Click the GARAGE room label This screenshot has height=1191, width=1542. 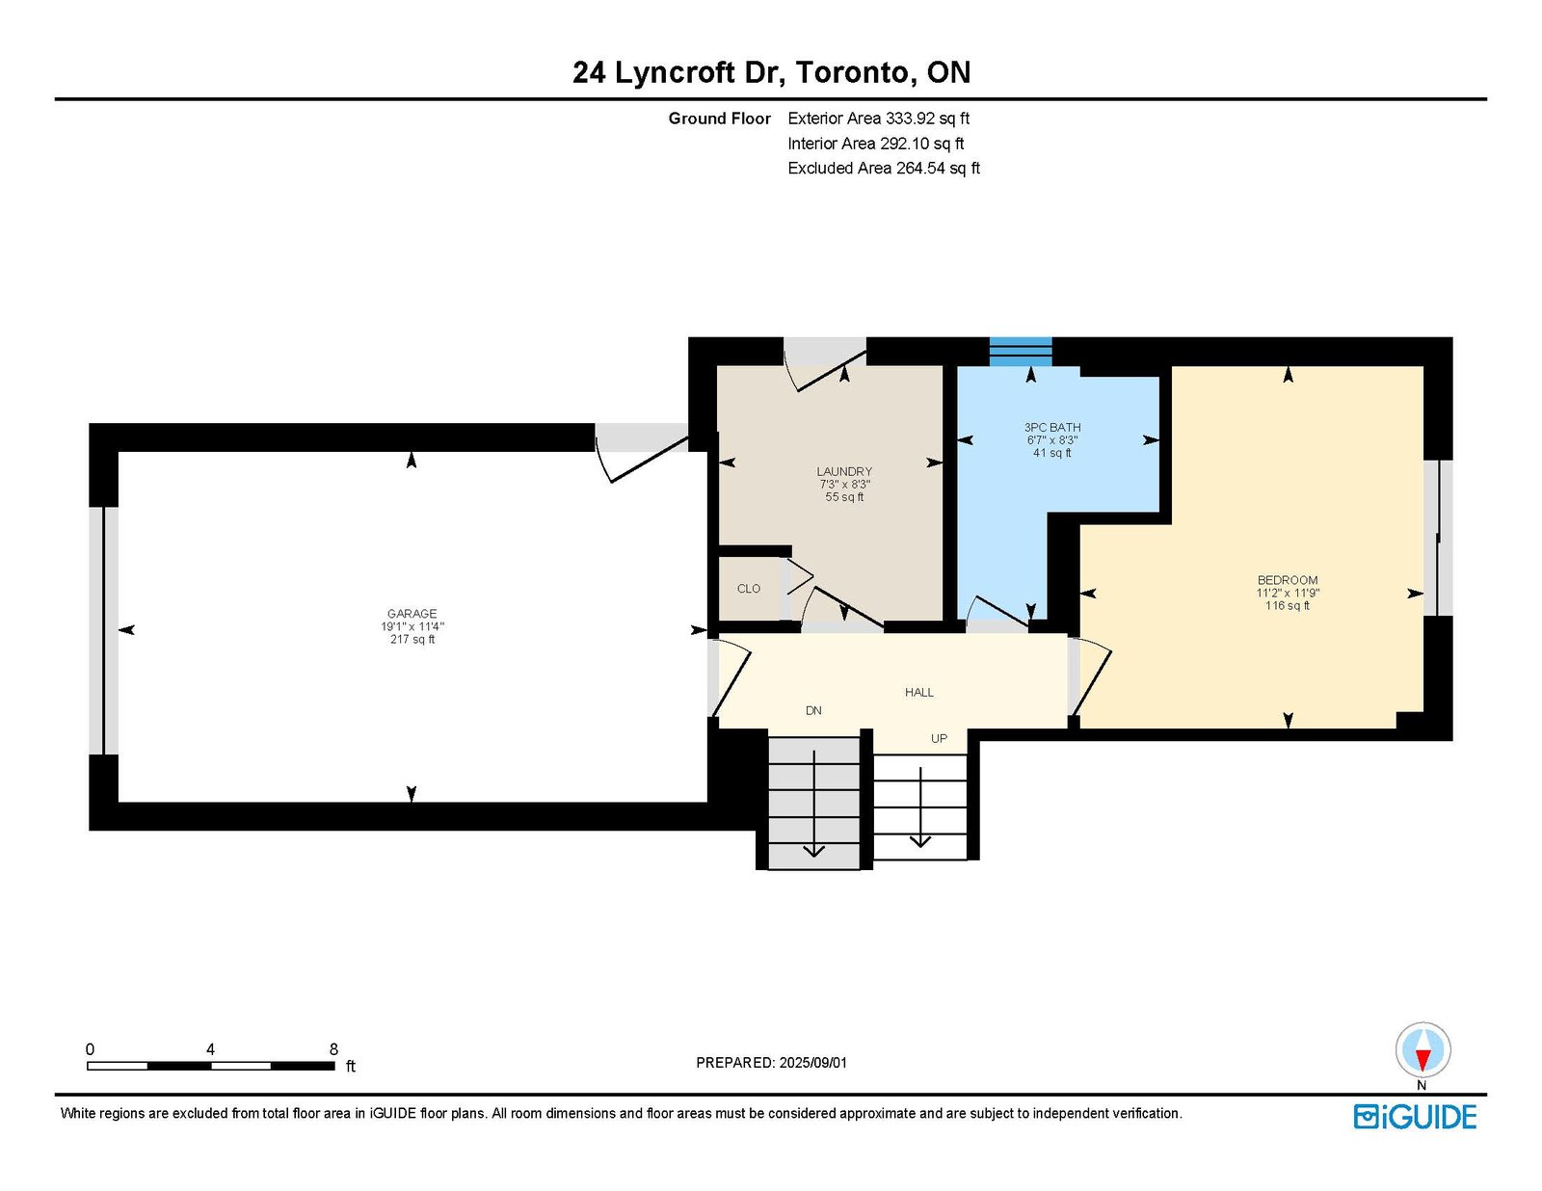point(412,614)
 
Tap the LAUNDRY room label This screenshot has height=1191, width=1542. point(843,472)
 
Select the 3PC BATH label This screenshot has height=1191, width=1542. point(1052,427)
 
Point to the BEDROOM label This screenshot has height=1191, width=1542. point(1288,580)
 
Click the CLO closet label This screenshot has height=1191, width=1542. point(749,589)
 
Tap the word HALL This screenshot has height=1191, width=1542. point(919,692)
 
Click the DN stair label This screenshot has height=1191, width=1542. point(813,711)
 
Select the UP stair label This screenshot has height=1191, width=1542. point(939,739)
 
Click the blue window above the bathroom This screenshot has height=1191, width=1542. point(1021,352)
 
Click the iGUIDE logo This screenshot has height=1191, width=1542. point(1415,1117)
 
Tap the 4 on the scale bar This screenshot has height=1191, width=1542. point(210,1049)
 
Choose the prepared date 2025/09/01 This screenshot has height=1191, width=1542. point(813,1063)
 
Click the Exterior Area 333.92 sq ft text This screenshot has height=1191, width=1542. point(879,119)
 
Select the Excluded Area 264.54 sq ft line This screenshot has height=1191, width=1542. point(884,168)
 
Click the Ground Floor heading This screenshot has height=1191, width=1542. point(719,119)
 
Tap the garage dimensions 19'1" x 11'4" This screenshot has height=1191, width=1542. point(412,626)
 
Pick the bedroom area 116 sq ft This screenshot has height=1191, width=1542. point(1288,606)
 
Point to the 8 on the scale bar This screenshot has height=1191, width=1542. point(333,1049)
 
